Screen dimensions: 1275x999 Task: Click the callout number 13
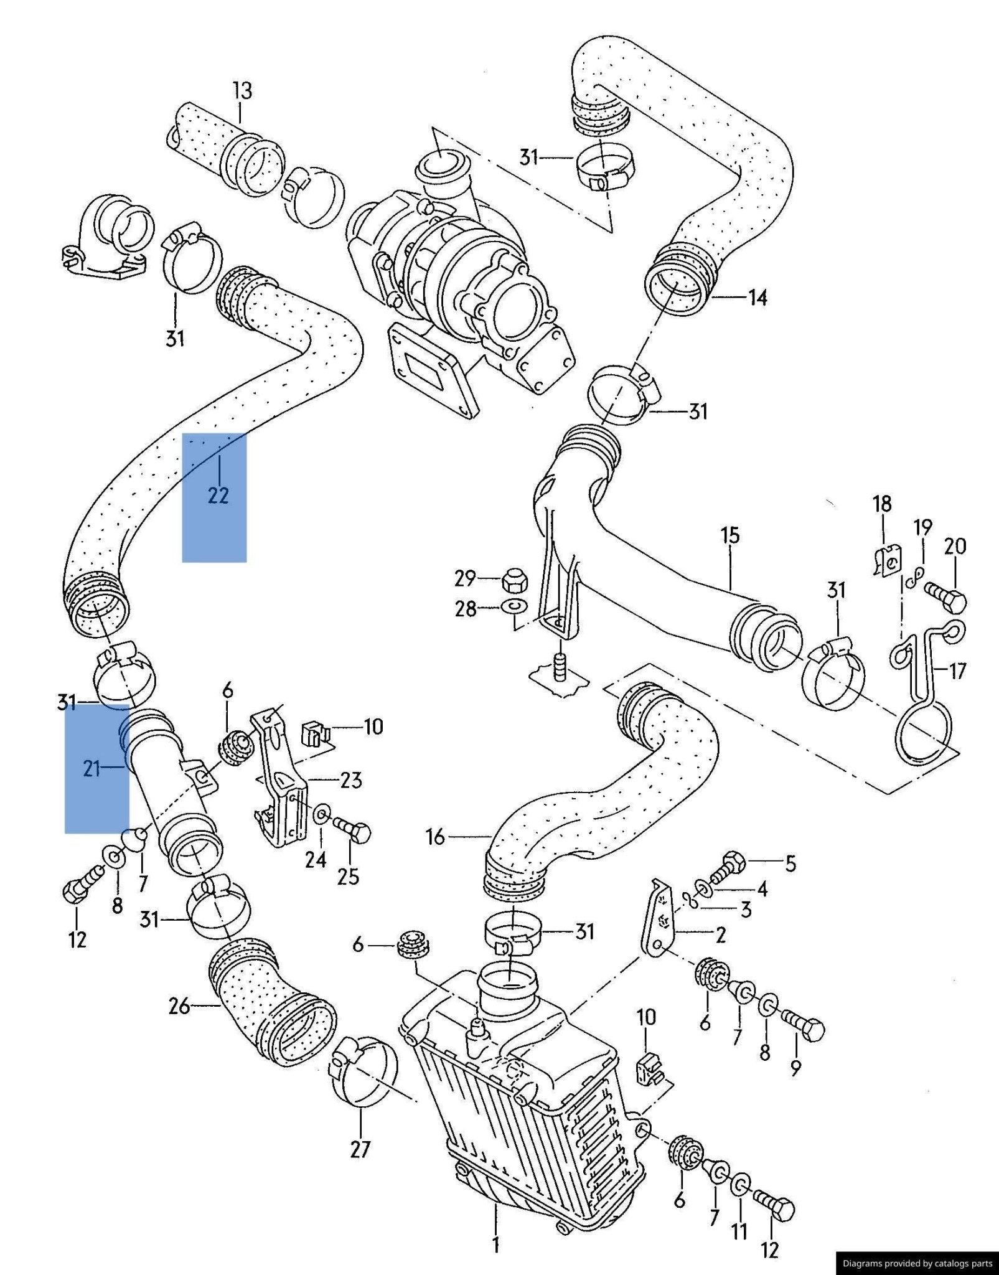pos(243,91)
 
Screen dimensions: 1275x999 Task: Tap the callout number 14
pos(757,298)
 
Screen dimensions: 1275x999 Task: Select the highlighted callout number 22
pos(218,495)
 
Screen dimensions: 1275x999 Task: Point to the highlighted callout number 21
pos(91,769)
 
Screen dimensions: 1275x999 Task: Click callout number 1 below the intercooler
pos(496,1244)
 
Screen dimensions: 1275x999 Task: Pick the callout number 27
pos(360,1149)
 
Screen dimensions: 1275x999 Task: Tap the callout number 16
pos(435,837)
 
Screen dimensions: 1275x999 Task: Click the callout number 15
pos(730,535)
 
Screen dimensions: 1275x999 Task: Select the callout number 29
pos(465,578)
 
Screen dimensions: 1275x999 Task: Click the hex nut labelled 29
pos(515,580)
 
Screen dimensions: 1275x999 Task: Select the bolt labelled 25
pos(353,830)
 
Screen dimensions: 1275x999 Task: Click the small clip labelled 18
pos(886,561)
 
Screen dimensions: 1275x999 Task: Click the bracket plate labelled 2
pos(657,921)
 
